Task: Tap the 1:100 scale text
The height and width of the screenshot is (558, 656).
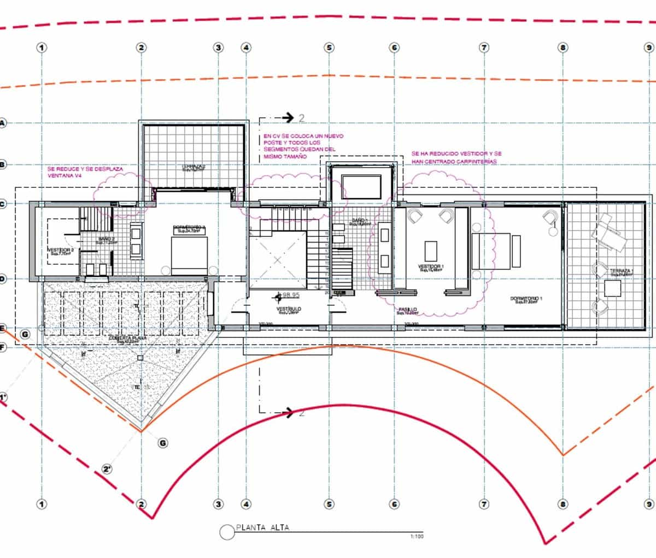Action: pyautogui.click(x=417, y=537)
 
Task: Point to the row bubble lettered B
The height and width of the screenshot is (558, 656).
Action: pyautogui.click(x=2, y=164)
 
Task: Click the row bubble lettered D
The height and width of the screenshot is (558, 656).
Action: pyautogui.click(x=2, y=279)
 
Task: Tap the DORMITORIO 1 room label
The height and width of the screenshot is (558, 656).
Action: pyautogui.click(x=526, y=299)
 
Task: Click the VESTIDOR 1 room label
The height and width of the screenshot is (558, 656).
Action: pyautogui.click(x=431, y=266)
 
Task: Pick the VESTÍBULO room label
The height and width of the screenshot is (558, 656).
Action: pyautogui.click(x=290, y=309)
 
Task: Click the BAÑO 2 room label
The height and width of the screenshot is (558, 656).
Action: pyautogui.click(x=106, y=239)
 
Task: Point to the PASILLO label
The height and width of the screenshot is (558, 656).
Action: pyautogui.click(x=408, y=310)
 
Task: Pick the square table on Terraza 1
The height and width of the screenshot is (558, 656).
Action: pyautogui.click(x=613, y=288)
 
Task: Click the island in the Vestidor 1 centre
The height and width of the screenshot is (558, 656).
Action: pyautogui.click(x=431, y=251)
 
